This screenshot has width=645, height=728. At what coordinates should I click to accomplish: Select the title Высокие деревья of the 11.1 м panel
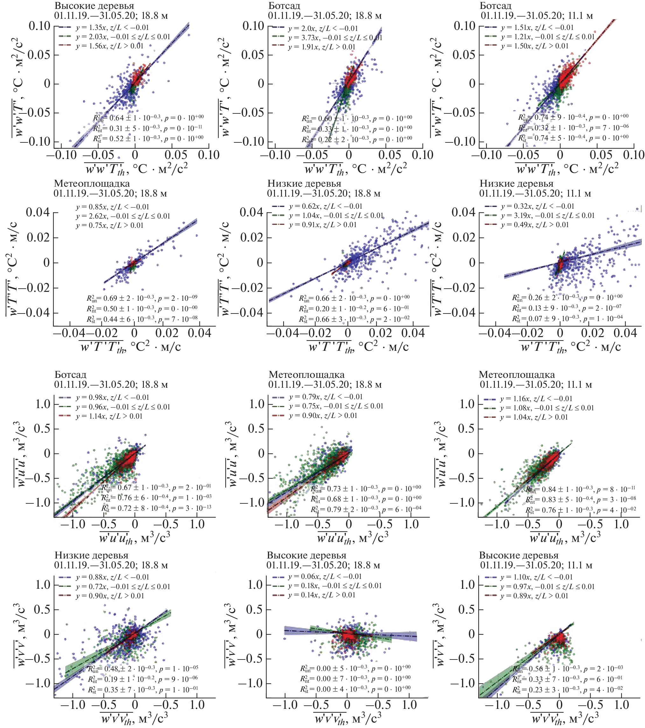point(519,555)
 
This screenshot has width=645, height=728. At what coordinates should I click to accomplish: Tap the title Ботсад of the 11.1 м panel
point(495,6)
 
